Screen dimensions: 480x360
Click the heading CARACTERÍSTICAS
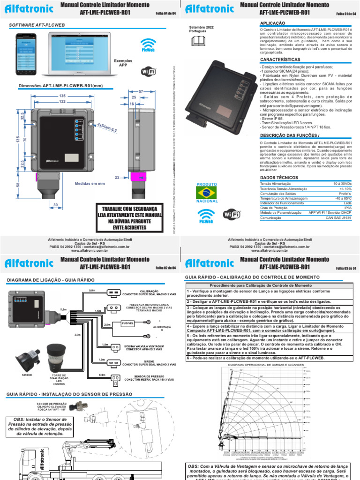[x=280, y=60]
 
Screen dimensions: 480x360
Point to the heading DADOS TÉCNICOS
[x=279, y=178]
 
